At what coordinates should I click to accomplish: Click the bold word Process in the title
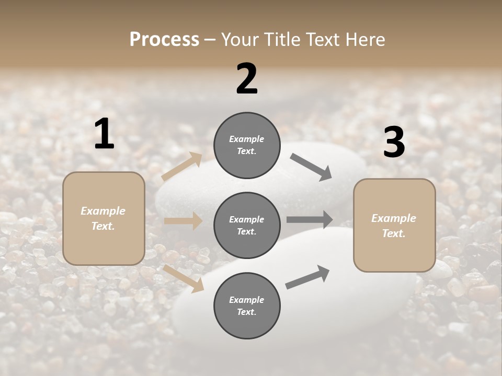[164, 40]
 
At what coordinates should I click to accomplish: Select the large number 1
[104, 134]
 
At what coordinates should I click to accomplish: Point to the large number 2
[247, 78]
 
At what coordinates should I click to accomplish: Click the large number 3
[394, 143]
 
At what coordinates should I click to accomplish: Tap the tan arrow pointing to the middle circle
[183, 221]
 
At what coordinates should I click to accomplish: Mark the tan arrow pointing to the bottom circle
[184, 277]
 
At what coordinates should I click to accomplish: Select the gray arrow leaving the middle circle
[309, 219]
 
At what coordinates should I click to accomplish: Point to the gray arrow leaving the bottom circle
[307, 277]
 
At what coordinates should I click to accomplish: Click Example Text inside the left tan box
[103, 218]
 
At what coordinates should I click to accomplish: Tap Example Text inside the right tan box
[394, 226]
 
